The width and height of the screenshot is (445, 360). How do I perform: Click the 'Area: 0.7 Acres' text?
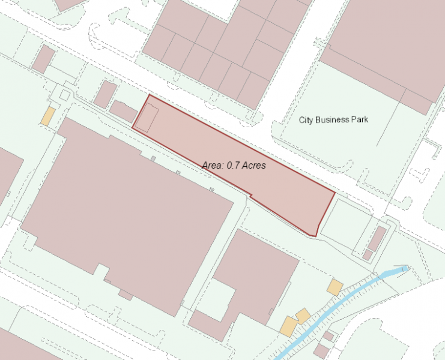click(234, 165)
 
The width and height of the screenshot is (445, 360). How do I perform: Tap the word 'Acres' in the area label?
click(252, 165)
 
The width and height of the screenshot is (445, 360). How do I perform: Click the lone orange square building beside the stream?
click(335, 287)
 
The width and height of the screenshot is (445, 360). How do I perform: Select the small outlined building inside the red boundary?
click(146, 118)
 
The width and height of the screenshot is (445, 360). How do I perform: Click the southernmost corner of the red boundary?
click(315, 236)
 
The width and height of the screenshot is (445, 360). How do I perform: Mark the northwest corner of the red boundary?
click(148, 95)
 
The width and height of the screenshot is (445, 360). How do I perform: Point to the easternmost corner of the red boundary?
click(334, 193)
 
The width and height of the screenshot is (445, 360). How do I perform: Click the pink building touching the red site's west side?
click(124, 112)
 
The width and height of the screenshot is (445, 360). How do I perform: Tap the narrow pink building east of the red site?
click(377, 239)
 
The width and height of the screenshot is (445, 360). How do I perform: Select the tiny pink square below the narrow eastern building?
click(368, 255)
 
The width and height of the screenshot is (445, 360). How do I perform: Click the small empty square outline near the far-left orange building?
click(64, 95)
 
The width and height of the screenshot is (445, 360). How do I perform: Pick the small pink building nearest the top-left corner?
click(43, 59)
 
